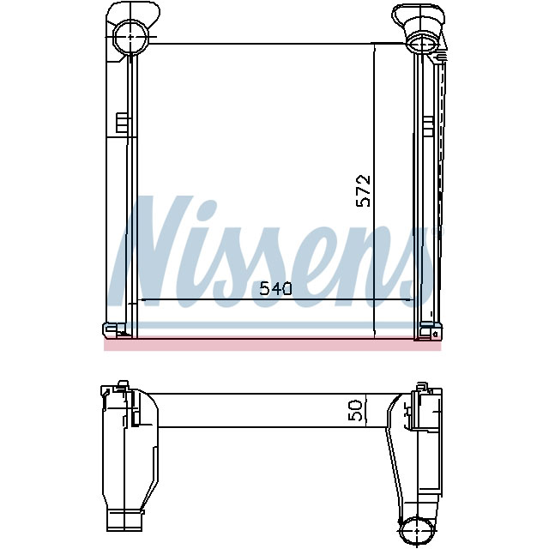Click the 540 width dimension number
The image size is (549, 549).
275,289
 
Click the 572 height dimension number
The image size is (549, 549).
363,190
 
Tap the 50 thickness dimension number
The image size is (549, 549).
355,410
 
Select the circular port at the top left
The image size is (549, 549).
130,36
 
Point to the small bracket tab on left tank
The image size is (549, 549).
123,123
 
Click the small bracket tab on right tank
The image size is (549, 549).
428,127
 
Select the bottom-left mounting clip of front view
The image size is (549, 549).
114,330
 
